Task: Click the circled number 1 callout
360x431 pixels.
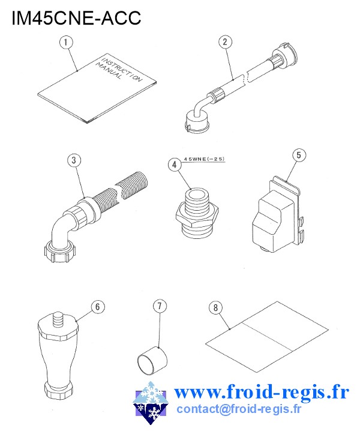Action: (x=66, y=43)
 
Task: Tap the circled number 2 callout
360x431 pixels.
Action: (x=225, y=42)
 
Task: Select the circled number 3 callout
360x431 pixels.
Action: (x=74, y=160)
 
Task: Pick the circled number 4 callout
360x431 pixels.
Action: (x=175, y=164)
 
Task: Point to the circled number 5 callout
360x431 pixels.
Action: (x=299, y=155)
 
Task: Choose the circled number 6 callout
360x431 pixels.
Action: (x=98, y=307)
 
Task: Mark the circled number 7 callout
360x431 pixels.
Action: (x=160, y=306)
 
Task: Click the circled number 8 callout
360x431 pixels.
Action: (x=216, y=307)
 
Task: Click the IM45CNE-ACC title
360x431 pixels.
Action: (x=76, y=17)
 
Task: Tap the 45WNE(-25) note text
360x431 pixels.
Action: (x=204, y=159)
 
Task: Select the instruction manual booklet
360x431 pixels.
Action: (x=97, y=88)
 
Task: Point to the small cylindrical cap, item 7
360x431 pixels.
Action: (x=152, y=361)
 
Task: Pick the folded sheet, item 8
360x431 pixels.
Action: (x=267, y=337)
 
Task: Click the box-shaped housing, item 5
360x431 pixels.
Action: (x=276, y=215)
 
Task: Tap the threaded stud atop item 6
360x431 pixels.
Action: (x=58, y=319)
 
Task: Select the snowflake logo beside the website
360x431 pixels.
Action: (x=151, y=402)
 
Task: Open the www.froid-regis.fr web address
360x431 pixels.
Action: (x=262, y=392)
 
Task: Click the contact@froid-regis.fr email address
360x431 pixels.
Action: (x=239, y=409)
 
